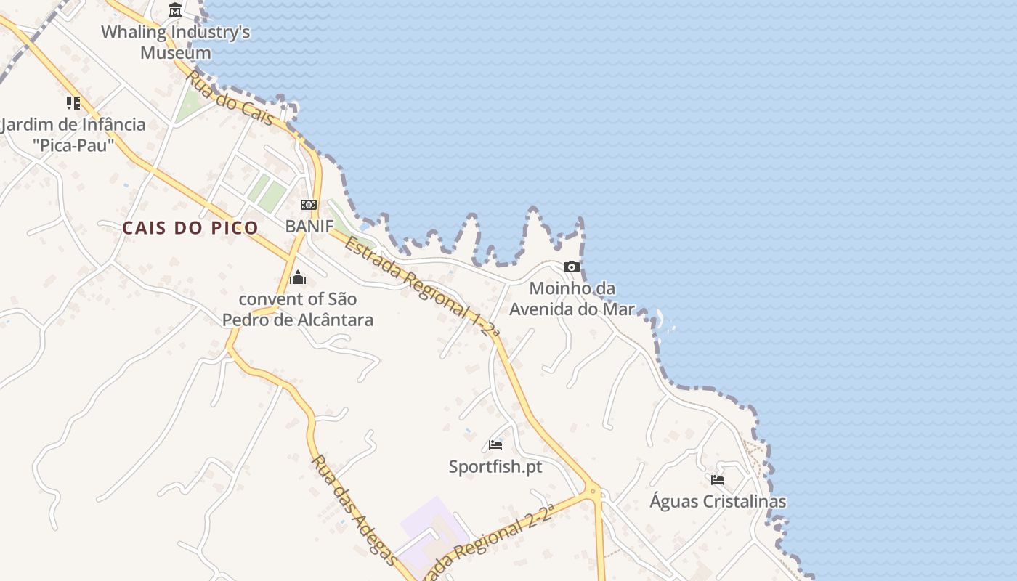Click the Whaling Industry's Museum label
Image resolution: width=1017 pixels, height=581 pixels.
(x=175, y=42)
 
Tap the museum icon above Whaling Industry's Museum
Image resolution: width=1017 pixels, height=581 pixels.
(x=175, y=10)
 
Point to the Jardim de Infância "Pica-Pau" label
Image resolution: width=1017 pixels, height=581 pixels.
(x=73, y=134)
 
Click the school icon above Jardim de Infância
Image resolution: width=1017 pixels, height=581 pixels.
(x=73, y=103)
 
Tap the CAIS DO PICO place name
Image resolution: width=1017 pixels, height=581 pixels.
(x=190, y=228)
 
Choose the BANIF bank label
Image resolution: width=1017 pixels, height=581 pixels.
(x=309, y=226)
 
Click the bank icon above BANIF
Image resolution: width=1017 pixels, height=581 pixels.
(x=309, y=205)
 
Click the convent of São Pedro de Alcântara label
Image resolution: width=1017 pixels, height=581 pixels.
(x=298, y=309)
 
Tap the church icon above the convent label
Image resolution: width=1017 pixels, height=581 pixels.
(x=298, y=277)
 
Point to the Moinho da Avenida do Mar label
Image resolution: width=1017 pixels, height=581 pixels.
(x=572, y=298)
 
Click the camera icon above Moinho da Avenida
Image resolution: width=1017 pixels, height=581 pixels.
(x=572, y=267)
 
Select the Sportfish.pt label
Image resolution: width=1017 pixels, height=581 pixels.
(x=495, y=466)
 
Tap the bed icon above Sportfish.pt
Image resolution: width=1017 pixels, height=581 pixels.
(x=495, y=444)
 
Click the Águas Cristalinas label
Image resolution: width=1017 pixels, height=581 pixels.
(x=718, y=501)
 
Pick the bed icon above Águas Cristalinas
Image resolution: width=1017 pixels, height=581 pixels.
(x=718, y=480)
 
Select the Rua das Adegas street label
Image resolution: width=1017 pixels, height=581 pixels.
(x=354, y=510)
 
